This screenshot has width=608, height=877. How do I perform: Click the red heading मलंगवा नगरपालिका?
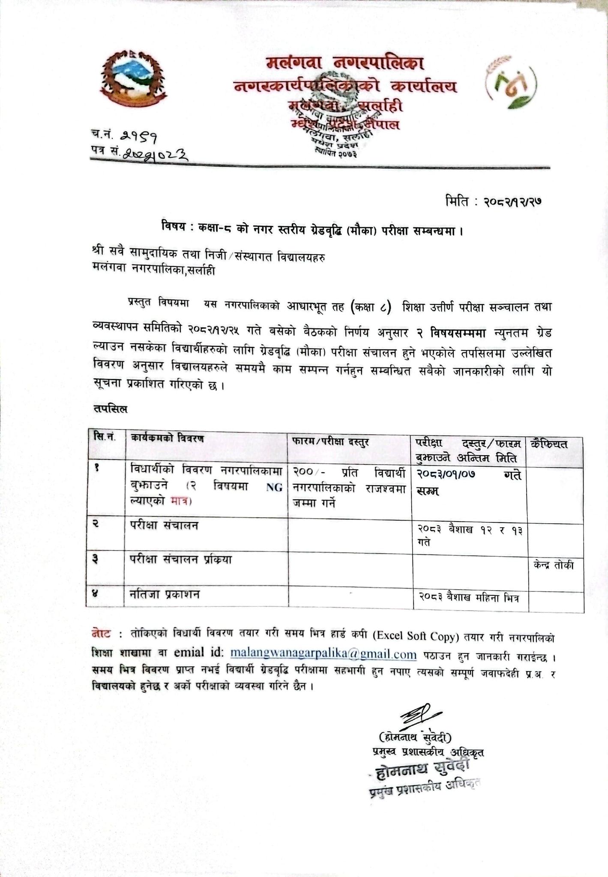pyautogui.click(x=344, y=64)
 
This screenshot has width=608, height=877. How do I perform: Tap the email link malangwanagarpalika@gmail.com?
pyautogui.click(x=323, y=654)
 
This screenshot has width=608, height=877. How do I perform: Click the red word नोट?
pyautogui.click(x=102, y=633)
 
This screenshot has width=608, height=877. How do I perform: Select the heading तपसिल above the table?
pyautogui.click(x=110, y=409)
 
